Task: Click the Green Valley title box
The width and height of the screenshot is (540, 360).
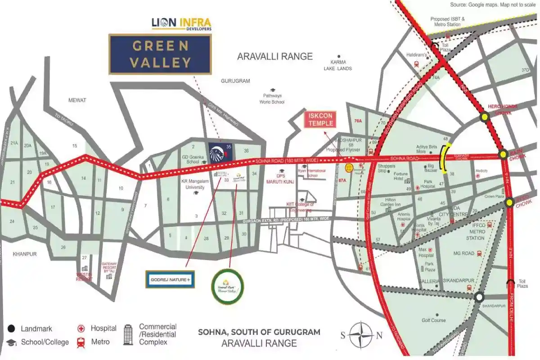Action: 160,54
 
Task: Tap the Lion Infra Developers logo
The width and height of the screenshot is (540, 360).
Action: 181,23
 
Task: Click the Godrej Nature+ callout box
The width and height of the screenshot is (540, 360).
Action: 170,279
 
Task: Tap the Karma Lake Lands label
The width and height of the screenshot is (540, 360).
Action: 338,65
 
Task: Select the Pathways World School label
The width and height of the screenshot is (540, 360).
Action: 272,99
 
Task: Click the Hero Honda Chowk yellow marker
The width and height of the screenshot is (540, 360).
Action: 485,117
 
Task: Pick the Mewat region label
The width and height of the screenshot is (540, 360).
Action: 77,100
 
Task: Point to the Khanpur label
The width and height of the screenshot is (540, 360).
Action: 25,254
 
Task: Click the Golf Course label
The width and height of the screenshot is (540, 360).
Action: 434,320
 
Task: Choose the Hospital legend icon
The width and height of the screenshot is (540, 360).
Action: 81,328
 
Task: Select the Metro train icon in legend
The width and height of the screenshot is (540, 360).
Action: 81,342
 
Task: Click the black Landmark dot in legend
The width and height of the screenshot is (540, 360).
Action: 12,328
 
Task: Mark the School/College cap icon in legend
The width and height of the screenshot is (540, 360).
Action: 12,342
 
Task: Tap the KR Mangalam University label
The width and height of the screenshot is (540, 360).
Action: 192,184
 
